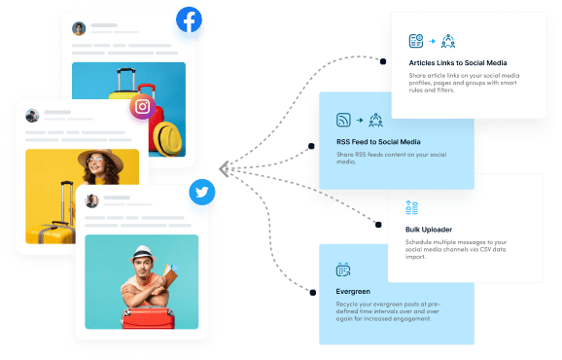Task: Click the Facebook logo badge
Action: tap(189, 21)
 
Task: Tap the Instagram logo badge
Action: tap(144, 107)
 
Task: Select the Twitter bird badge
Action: tap(202, 193)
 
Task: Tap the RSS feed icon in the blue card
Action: tap(343, 121)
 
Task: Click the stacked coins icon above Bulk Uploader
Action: tap(411, 207)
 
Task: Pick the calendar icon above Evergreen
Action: tap(343, 270)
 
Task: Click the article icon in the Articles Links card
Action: tap(416, 41)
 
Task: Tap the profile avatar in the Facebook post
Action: tap(79, 30)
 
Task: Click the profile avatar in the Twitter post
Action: tap(92, 200)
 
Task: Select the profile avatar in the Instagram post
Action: tap(33, 115)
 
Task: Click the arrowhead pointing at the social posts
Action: tap(226, 168)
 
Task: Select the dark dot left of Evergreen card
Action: tap(311, 290)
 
